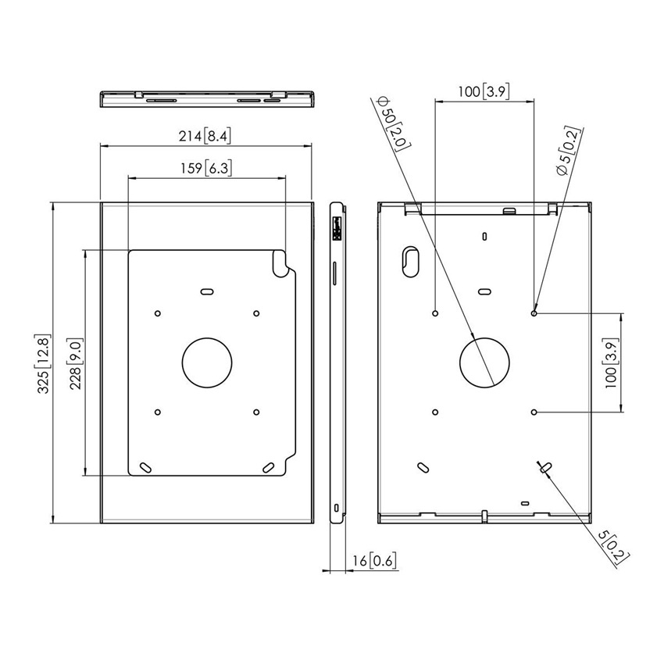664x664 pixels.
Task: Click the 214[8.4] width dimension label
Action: pyautogui.click(x=204, y=137)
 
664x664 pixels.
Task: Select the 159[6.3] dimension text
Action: pyautogui.click(x=205, y=168)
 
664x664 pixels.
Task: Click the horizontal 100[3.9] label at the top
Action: pyautogui.click(x=484, y=92)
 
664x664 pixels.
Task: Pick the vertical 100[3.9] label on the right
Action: pyautogui.click(x=612, y=362)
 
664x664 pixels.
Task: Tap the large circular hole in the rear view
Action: pyautogui.click(x=485, y=362)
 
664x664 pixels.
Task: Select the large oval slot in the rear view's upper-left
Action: pyautogui.click(x=411, y=262)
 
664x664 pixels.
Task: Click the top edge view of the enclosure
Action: pyautogui.click(x=208, y=100)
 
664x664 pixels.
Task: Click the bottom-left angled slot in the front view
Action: pyautogui.click(x=146, y=466)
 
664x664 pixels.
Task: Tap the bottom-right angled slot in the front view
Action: pyautogui.click(x=269, y=466)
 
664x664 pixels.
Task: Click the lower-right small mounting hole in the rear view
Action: pyautogui.click(x=534, y=411)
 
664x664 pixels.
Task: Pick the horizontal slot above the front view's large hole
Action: pyautogui.click(x=207, y=291)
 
